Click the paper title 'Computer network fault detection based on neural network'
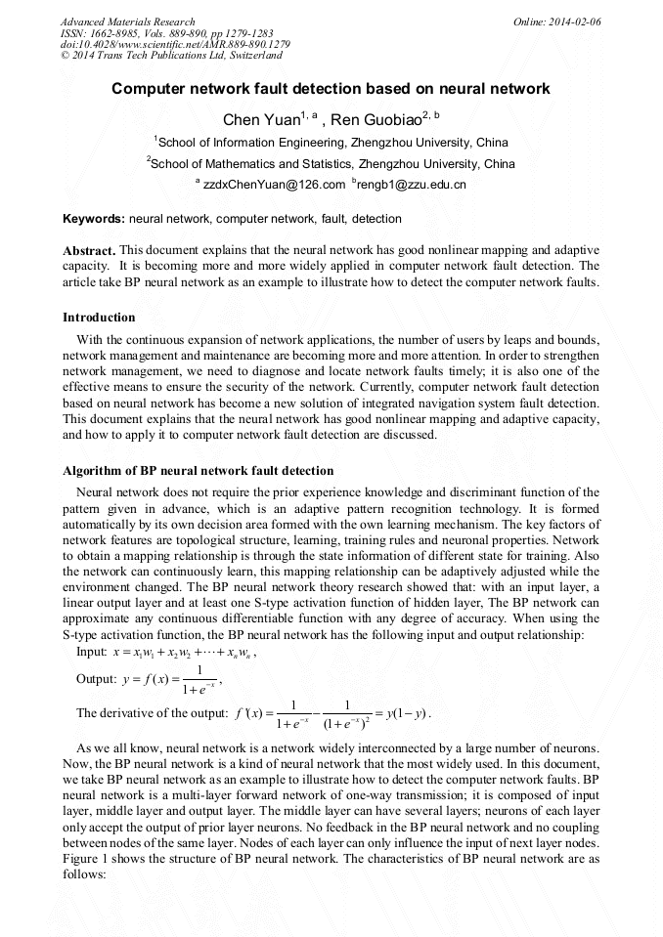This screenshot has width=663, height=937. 331,89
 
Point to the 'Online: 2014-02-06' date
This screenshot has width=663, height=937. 557,21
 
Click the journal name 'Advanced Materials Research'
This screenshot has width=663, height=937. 127,21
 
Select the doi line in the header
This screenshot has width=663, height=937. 174,44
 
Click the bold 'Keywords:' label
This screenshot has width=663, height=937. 93,219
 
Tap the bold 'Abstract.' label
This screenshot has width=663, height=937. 89,250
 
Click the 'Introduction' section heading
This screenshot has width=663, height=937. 99,318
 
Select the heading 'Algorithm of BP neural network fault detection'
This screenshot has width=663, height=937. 198,471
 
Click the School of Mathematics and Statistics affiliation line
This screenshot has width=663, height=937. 331,163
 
